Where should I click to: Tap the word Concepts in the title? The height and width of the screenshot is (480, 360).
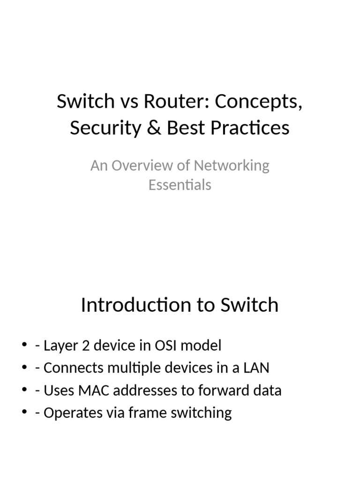[258, 102]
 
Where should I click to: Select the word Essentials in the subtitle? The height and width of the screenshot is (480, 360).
[180, 185]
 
